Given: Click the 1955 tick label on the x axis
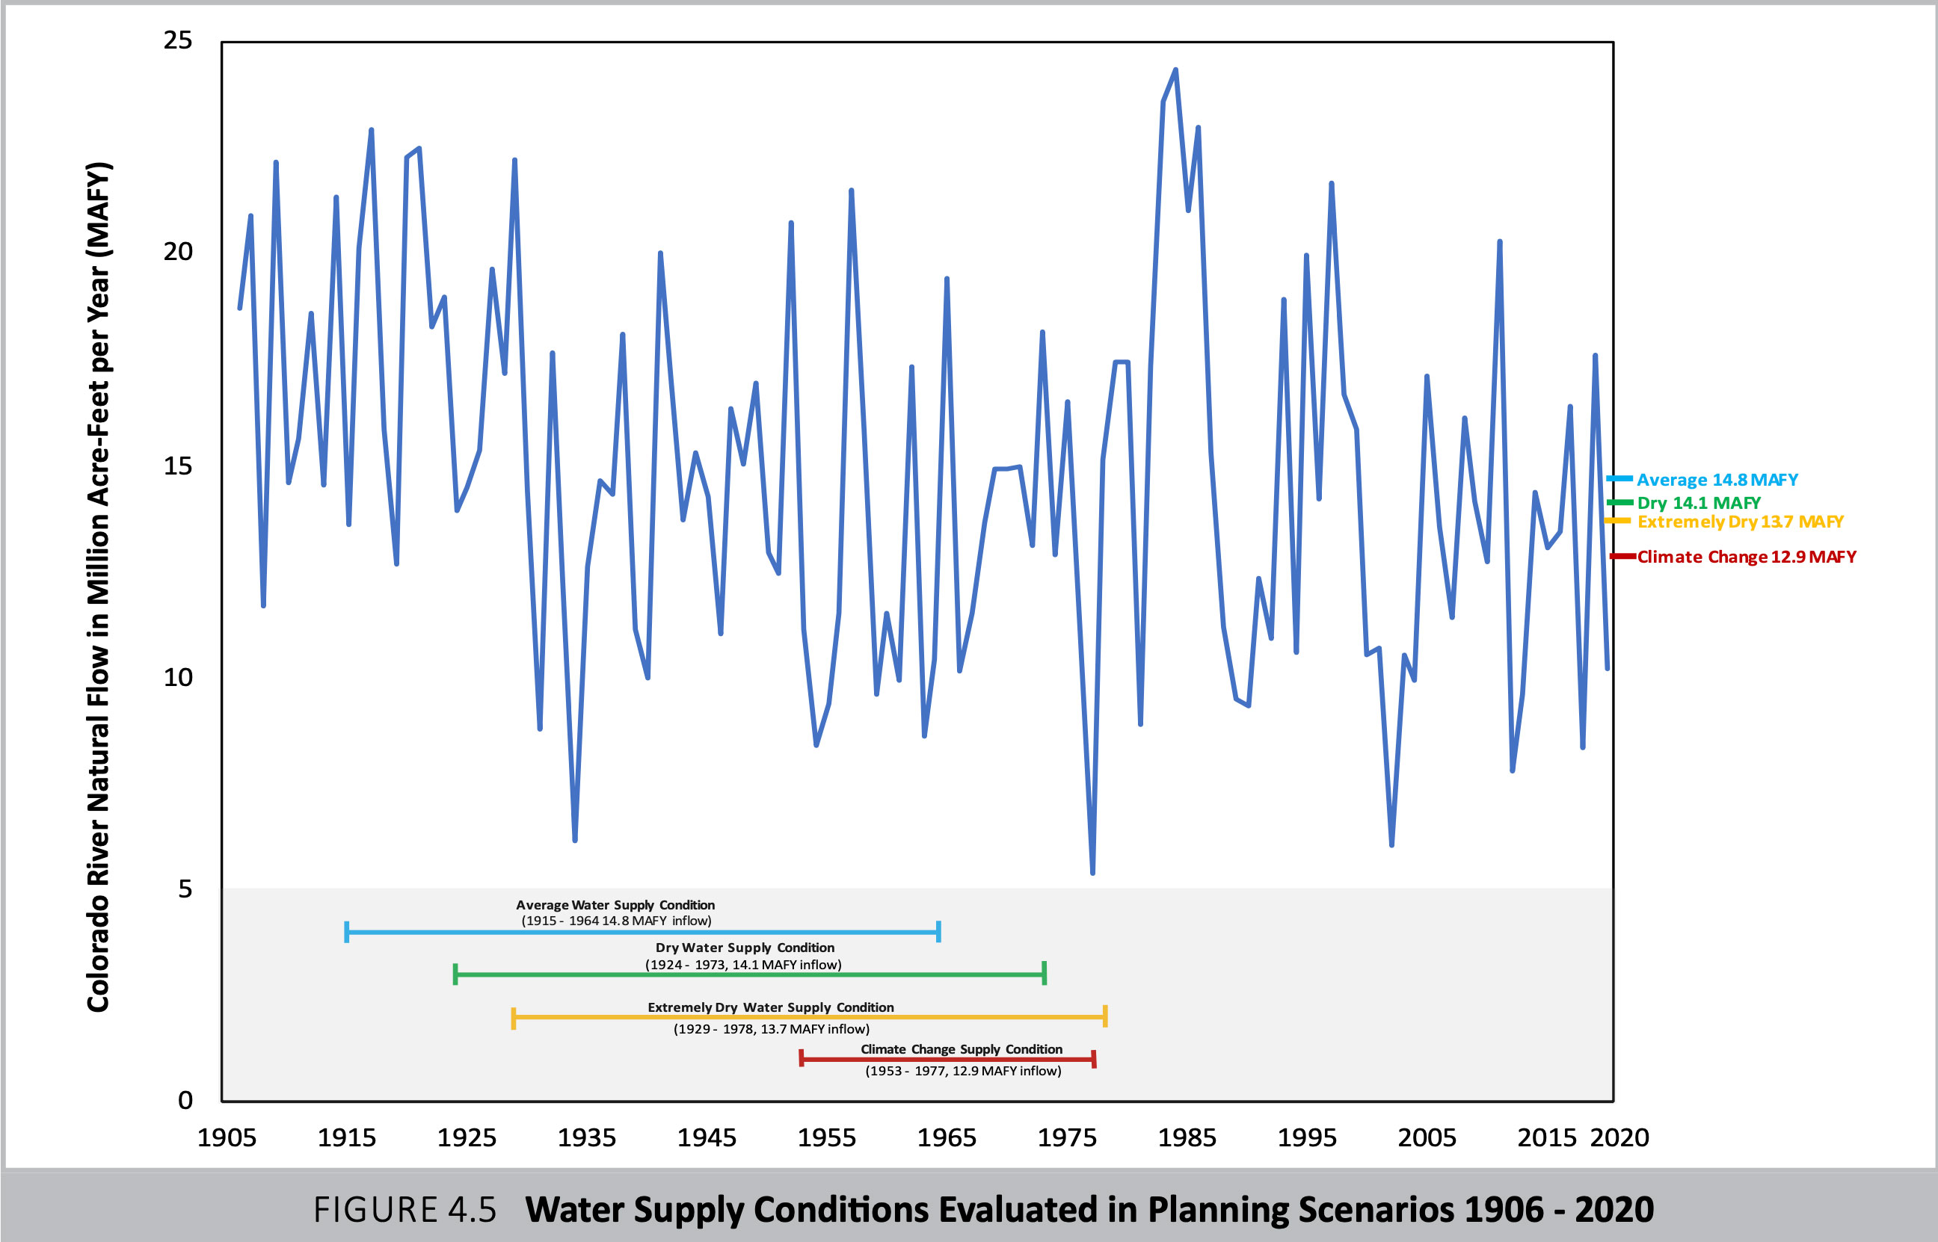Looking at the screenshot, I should pos(826,1138).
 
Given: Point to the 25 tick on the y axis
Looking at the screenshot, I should pos(177,40).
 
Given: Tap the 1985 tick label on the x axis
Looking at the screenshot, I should pos(1186,1138).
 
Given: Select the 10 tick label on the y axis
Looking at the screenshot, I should pos(177,678).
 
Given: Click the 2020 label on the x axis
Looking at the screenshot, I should pos(1619,1138).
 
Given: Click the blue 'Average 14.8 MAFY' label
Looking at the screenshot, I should pos(1717,480).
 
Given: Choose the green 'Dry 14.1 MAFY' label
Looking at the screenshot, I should pos(1699,503).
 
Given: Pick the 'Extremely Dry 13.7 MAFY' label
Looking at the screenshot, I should pos(1740,522).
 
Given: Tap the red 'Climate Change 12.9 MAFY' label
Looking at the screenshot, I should pos(1746,557).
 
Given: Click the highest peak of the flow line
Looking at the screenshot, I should pos(1175,70).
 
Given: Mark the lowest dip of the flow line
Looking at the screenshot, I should pos(1092,873).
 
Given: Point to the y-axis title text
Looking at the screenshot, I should pos(99,587).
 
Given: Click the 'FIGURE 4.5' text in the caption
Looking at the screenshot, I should pos(404,1210).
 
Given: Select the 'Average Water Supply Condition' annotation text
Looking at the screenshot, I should pos(615,906).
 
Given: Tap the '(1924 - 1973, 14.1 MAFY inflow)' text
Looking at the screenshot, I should pos(743,965).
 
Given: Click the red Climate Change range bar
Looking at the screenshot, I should pos(947,1059).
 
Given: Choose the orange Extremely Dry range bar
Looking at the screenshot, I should pos(808,1017).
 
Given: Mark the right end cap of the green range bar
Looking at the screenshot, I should pos(1044,974).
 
